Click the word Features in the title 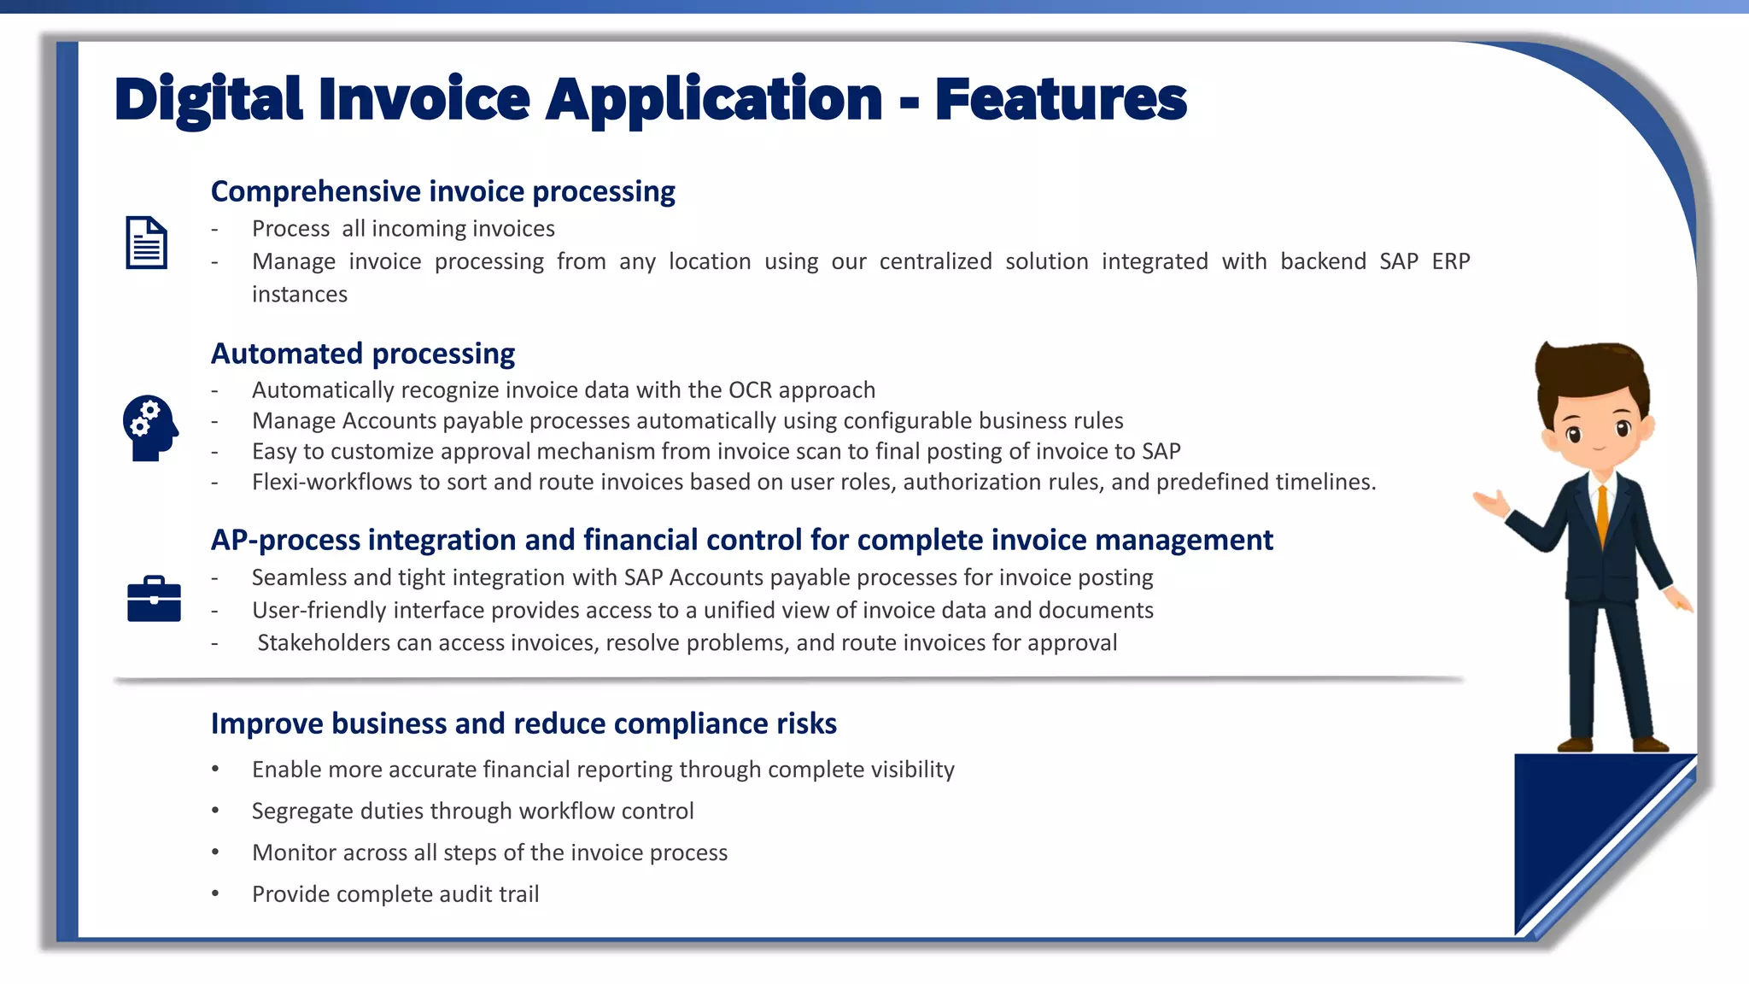coord(1060,100)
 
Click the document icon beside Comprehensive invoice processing coord(146,243)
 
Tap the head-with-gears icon coord(149,427)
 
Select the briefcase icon coord(154,599)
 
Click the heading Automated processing coord(363,354)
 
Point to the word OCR coord(749,390)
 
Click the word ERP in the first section coord(1450,261)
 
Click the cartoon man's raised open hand coord(1491,502)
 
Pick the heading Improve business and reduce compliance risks coord(524,723)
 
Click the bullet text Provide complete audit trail coord(395,894)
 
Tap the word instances coord(300,295)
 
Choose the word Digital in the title coord(208,100)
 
